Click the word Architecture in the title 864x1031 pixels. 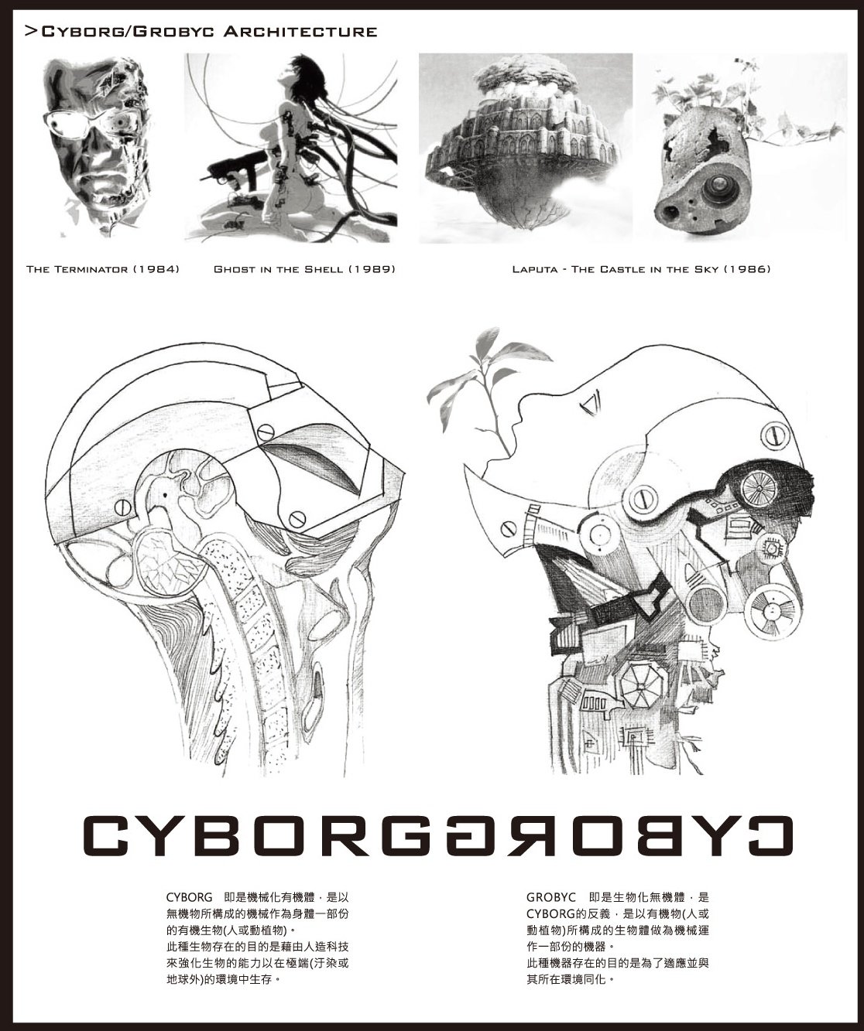coord(300,32)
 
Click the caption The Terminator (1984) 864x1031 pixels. coord(103,269)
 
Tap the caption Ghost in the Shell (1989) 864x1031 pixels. coord(304,269)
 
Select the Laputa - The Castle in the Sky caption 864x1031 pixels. coord(641,269)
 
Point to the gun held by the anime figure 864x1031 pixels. coord(233,173)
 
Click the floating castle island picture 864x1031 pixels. coord(526,149)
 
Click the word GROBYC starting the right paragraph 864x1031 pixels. coord(550,897)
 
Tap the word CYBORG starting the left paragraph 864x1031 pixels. coord(190,897)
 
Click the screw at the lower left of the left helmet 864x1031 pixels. coord(122,507)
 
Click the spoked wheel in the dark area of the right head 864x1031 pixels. coord(758,486)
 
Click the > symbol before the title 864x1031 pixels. coord(31,32)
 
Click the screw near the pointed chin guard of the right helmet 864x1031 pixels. coord(507,529)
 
